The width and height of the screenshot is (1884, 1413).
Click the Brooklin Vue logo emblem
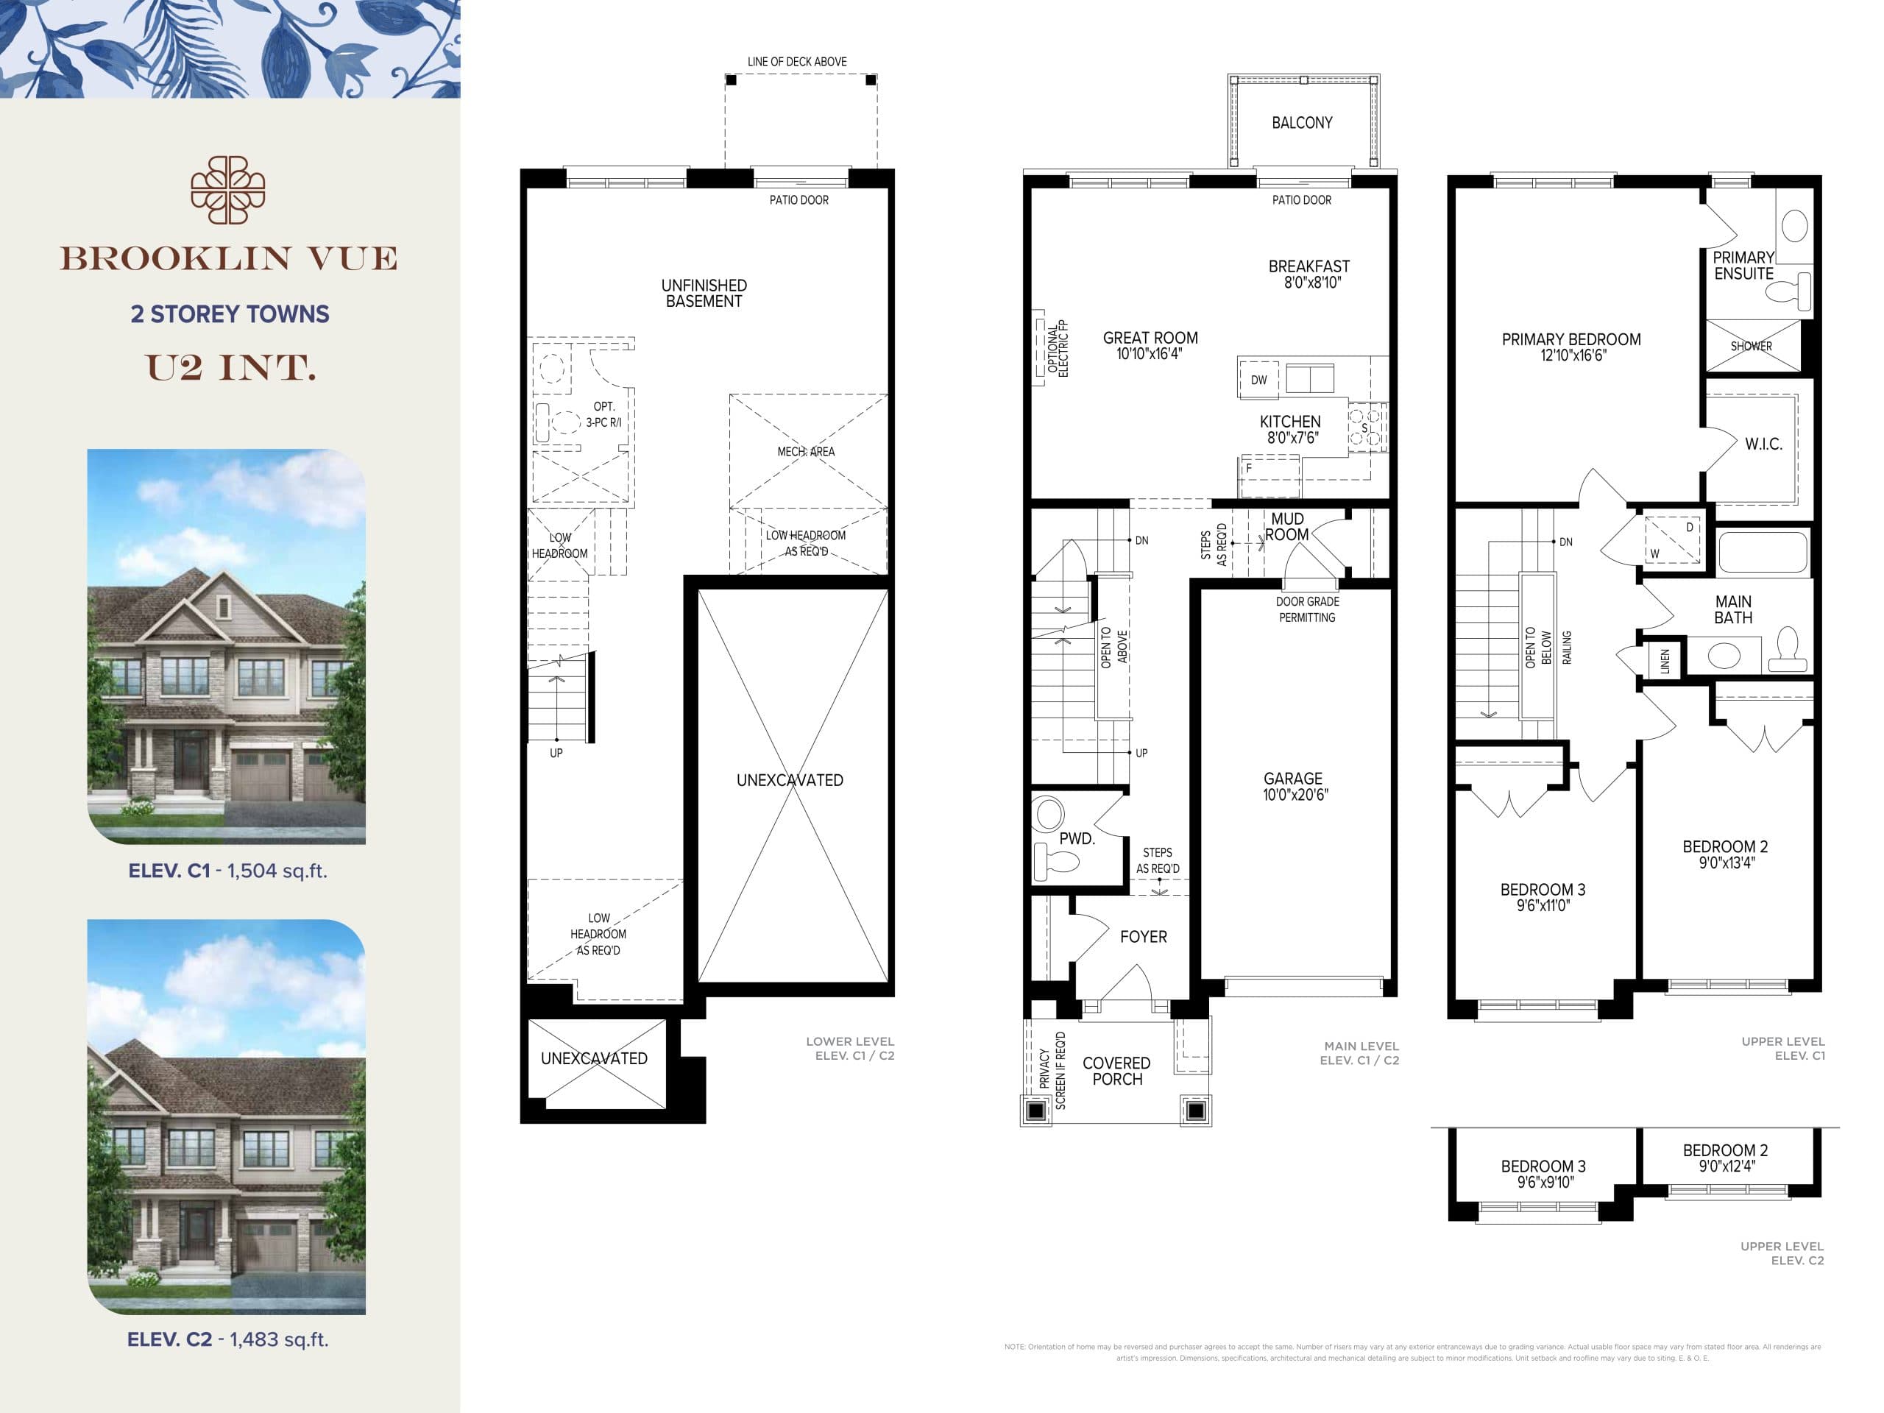[227, 191]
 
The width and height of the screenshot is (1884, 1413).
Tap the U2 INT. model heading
[231, 368]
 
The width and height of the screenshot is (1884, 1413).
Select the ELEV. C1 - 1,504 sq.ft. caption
[227, 871]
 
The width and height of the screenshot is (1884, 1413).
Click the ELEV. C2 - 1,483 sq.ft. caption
[227, 1339]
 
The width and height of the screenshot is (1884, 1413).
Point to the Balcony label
[1301, 123]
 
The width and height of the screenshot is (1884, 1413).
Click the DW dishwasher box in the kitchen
[1258, 380]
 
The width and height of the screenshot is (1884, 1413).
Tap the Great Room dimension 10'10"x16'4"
[1149, 354]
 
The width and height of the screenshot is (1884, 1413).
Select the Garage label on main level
[1292, 779]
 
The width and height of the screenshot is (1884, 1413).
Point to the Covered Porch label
[1116, 1071]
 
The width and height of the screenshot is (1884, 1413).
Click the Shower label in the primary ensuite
[1750, 346]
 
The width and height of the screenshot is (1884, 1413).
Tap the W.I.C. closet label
[1763, 444]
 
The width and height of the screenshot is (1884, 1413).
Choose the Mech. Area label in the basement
[805, 451]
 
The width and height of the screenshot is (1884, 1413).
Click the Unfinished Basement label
[704, 293]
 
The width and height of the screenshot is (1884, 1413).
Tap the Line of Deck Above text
[796, 61]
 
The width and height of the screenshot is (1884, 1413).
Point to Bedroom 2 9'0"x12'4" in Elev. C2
[1725, 1158]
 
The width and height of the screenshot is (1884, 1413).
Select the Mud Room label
[1286, 526]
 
